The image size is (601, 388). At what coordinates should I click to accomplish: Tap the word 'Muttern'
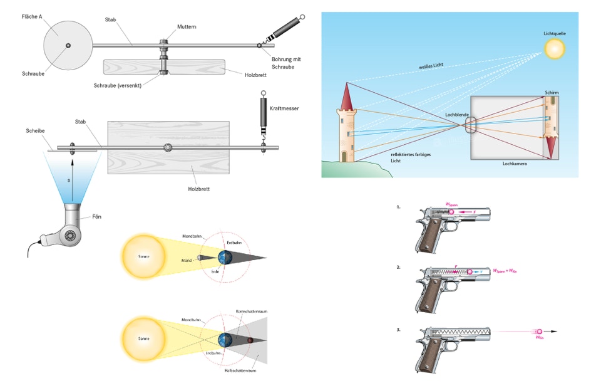186,27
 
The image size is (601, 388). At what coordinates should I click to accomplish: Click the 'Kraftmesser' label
284,108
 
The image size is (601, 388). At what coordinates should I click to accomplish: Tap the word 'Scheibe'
34,130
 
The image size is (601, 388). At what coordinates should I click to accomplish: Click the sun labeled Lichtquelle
554,49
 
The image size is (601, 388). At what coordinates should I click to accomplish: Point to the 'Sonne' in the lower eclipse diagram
144,338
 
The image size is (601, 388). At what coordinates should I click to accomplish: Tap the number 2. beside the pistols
398,267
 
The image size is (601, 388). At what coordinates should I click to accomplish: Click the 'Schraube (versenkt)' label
118,85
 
